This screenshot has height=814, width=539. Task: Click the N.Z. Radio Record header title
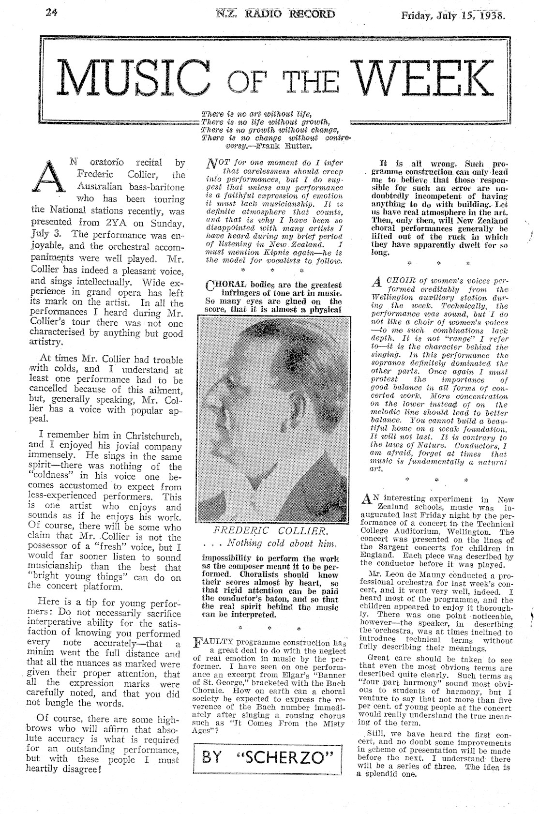pos(276,14)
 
